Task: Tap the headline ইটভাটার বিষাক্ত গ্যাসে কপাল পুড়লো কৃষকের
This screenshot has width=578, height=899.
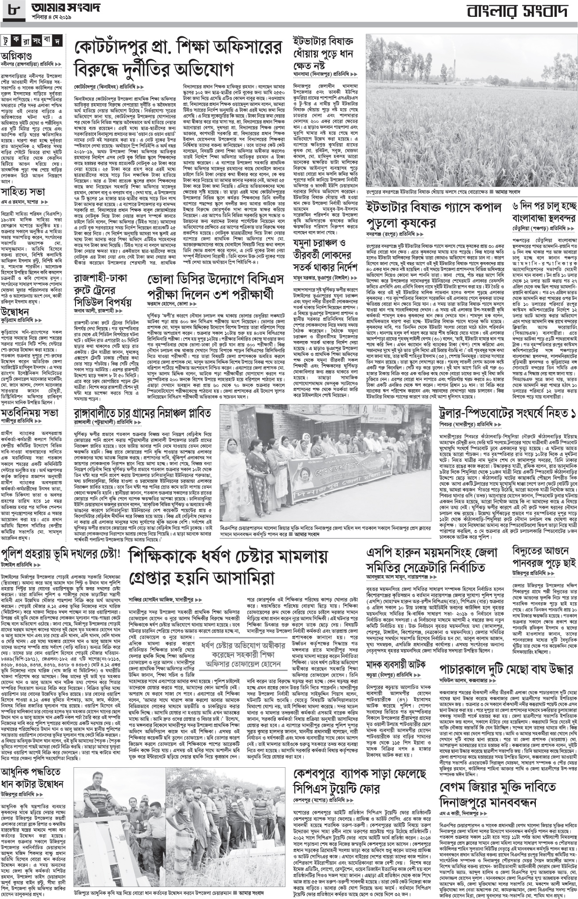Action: pos(433,215)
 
